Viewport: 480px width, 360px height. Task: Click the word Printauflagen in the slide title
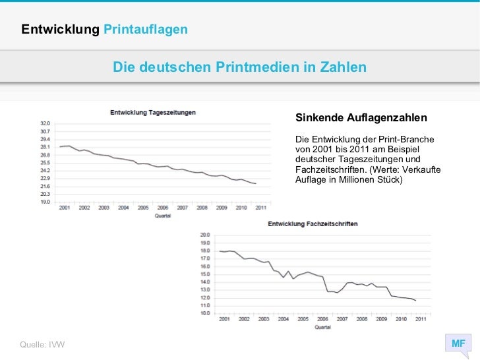coord(146,30)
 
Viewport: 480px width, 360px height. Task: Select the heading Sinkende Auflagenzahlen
coord(361,117)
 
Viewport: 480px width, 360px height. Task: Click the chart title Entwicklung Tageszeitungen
coord(152,112)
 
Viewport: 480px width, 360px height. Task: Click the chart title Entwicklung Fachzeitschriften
coord(313,224)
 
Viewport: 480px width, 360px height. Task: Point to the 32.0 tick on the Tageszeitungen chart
coord(45,123)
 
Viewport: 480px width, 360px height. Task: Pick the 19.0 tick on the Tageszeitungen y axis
coord(45,202)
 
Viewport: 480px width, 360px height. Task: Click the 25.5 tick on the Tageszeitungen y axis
coord(45,163)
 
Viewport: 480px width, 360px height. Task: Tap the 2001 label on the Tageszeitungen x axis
coord(65,208)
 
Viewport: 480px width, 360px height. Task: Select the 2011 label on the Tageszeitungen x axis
coord(261,208)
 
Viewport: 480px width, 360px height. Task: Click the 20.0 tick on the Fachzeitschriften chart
coord(204,235)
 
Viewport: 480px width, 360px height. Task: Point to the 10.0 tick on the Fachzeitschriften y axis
coord(204,313)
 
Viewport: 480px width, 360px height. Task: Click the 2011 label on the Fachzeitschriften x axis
coord(421,319)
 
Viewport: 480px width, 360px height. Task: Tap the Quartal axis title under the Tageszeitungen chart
coord(162,216)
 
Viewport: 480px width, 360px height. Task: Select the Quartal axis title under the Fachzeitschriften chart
coord(322,326)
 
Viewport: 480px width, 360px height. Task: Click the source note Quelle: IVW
coord(43,345)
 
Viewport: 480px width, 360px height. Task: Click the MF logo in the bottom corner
coord(458,344)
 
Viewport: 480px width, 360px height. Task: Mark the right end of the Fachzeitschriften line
coord(416,301)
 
